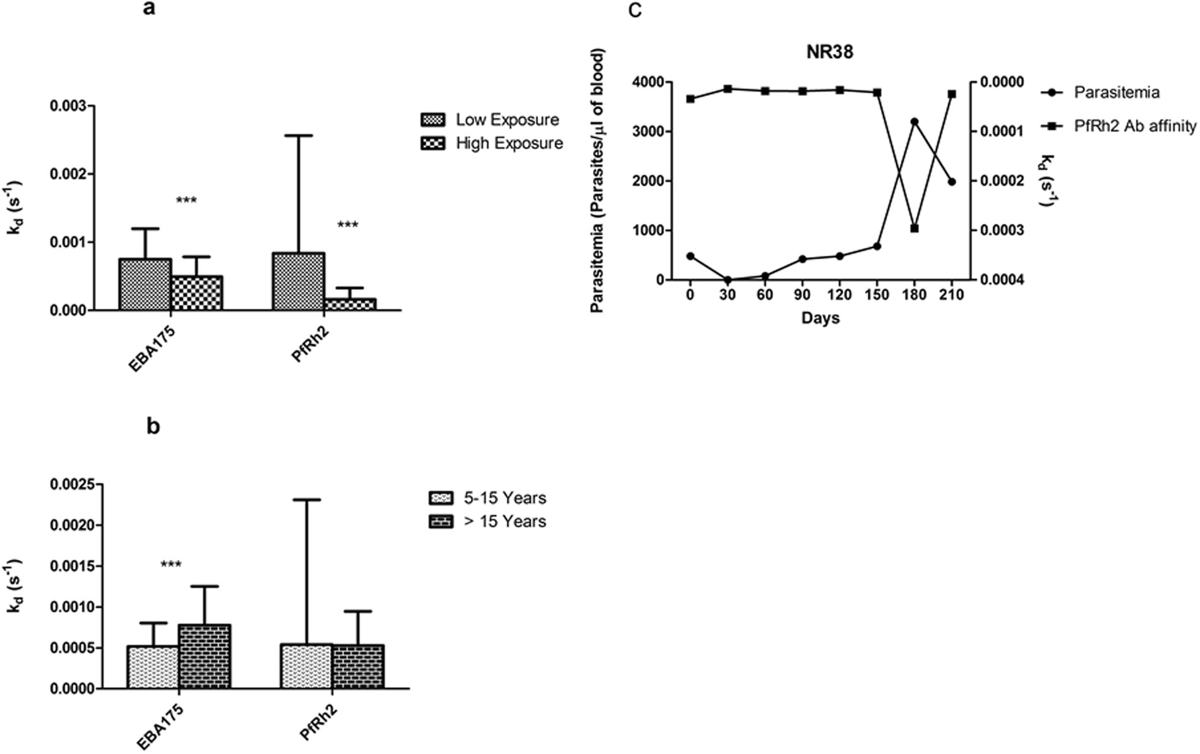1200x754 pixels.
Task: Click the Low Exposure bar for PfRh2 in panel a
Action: [x=298, y=282]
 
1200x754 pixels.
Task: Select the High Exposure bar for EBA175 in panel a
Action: [x=196, y=293]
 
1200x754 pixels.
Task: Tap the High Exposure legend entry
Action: [x=492, y=143]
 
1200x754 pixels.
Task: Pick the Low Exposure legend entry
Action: [x=490, y=120]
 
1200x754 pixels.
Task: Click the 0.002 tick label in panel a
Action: [x=68, y=174]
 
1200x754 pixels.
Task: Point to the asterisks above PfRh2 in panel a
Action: [x=347, y=225]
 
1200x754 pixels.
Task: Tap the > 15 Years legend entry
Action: [x=487, y=522]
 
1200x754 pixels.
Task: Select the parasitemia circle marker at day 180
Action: [x=914, y=121]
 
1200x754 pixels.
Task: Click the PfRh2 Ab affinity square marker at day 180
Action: [x=914, y=228]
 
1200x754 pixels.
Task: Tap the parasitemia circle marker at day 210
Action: [x=952, y=182]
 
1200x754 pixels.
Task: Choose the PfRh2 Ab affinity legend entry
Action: [x=1119, y=126]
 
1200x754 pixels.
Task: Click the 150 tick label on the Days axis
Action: [x=877, y=295]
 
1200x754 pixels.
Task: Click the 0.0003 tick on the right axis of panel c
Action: [x=1001, y=230]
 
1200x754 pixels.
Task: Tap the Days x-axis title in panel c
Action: [x=820, y=318]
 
